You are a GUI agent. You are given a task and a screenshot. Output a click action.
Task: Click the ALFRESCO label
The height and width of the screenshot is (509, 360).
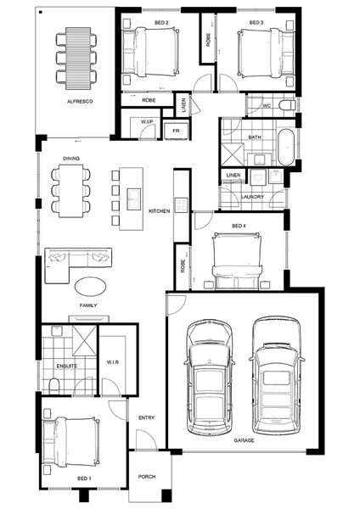click(80, 101)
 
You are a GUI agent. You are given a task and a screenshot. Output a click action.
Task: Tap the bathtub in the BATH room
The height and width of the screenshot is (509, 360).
click(286, 147)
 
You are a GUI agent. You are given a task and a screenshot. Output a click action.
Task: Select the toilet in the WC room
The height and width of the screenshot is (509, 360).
click(287, 105)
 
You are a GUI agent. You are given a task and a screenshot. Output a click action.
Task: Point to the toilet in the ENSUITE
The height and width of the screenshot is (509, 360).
click(54, 385)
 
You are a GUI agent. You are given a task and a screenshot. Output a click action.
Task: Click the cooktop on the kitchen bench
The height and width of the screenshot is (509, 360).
click(182, 205)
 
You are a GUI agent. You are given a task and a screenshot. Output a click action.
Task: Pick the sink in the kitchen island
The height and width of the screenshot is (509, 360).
click(133, 199)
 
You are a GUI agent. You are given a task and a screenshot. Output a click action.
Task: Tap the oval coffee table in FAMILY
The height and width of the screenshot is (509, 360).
click(90, 287)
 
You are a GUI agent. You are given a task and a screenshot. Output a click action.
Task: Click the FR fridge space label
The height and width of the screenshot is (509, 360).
click(176, 131)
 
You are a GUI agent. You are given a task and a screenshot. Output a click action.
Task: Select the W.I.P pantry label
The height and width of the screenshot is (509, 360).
click(147, 121)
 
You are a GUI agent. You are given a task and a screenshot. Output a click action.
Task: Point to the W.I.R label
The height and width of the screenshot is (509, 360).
click(113, 362)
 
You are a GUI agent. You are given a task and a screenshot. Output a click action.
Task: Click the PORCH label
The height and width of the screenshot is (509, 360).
click(147, 477)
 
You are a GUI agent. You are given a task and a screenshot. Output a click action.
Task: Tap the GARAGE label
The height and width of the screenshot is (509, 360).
click(244, 440)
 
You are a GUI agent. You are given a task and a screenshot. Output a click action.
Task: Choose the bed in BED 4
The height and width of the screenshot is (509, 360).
click(237, 261)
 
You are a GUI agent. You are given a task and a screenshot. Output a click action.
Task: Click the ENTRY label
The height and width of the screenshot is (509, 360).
click(147, 417)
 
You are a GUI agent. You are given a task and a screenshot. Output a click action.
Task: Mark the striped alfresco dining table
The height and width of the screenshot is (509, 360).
click(78, 59)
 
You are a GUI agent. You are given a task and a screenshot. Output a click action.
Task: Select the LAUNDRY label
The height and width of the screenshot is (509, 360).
click(252, 197)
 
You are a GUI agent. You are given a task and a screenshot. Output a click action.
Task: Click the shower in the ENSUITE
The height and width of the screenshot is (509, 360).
click(84, 340)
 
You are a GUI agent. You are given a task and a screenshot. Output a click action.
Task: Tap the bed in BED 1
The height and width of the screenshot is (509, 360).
click(71, 441)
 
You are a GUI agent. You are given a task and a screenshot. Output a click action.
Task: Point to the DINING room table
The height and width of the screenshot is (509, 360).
click(70, 191)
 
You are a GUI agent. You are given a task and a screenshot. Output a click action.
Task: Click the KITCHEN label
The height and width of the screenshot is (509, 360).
click(160, 211)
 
